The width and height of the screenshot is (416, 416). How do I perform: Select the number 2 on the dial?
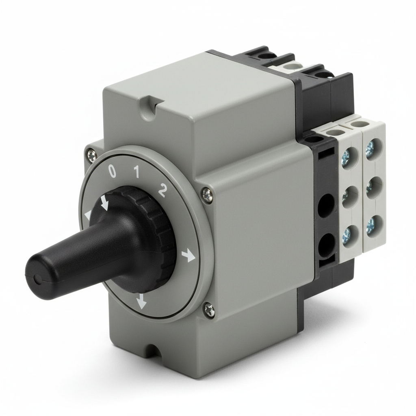point(162,190)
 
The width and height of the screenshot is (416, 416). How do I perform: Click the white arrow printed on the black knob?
point(104,202)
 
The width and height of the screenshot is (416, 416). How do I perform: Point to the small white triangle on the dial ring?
point(87,215)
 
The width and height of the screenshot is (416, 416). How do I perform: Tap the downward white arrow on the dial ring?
point(141,301)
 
